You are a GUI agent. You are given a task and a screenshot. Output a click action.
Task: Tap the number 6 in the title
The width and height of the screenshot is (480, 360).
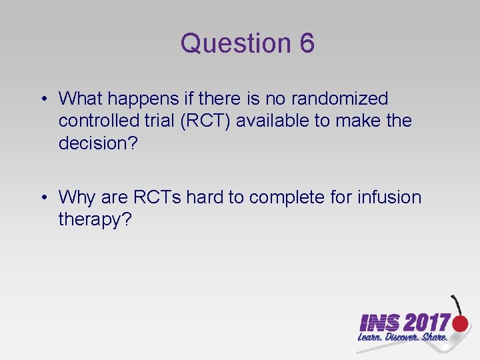click(307, 43)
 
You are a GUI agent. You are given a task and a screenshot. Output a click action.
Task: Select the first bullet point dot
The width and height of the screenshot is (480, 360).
click(43, 100)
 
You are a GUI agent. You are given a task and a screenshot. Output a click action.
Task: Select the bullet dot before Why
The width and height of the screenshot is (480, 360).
click(43, 198)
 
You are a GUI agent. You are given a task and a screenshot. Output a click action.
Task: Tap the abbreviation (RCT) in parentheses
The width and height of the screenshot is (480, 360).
click(204, 121)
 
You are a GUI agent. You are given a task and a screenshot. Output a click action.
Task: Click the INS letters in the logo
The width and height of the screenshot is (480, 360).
click(379, 323)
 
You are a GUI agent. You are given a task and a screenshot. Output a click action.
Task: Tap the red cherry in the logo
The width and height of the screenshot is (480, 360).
click(460, 323)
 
